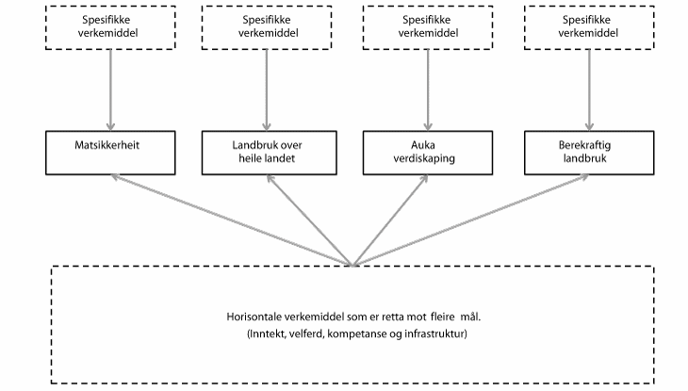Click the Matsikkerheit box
click(111, 150)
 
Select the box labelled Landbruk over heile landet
click(267, 150)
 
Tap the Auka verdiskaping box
click(429, 150)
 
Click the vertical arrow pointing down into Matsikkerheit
click(111, 90)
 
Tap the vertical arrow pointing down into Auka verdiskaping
click(429, 90)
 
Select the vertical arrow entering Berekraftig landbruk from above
click(590, 90)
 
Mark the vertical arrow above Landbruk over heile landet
click(267, 90)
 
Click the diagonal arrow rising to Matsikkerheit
click(231, 219)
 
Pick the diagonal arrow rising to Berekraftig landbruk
click(471, 219)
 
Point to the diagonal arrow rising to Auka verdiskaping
click(386, 219)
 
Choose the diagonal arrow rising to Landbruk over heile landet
click(311, 219)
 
